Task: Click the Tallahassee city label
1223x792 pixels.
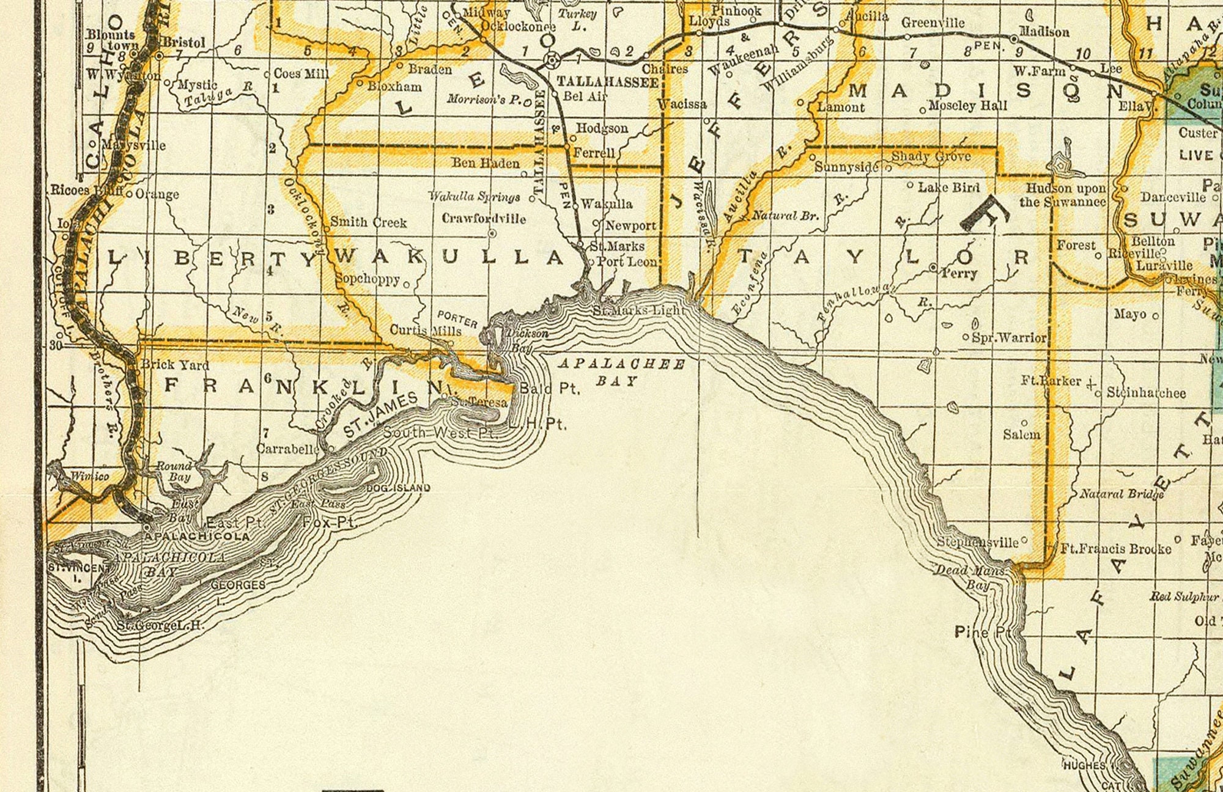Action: tap(607, 82)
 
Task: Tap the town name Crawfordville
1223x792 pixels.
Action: tap(483, 218)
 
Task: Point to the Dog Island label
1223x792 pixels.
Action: tap(398, 488)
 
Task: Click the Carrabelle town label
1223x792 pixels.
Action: tap(288, 449)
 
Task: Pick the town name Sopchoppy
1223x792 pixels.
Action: tap(368, 279)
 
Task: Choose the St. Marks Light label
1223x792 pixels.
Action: tap(639, 310)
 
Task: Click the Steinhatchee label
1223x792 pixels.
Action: tap(1146, 393)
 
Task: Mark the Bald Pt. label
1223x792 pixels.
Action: tap(549, 389)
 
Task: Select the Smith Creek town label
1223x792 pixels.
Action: tap(368, 222)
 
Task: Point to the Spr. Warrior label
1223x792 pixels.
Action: tap(1009, 337)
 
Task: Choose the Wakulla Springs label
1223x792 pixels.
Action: tap(474, 196)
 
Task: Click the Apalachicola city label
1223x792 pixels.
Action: tap(197, 537)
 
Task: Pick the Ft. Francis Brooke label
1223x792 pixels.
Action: tap(1115, 549)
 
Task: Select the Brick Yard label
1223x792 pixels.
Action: tap(175, 365)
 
